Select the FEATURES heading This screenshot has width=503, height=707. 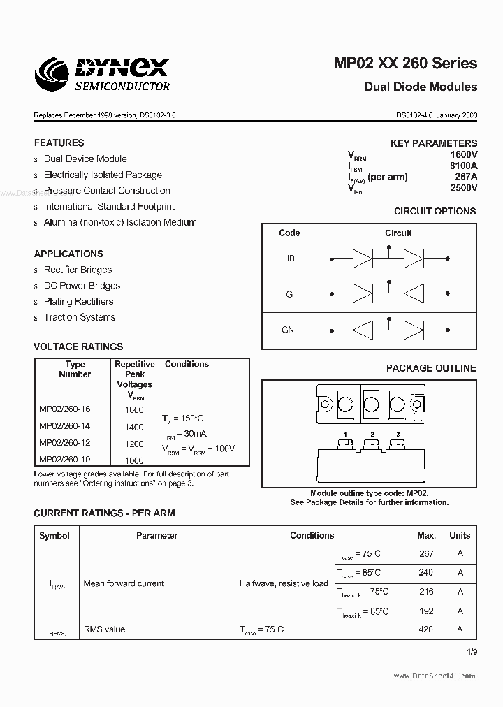pyautogui.click(x=59, y=143)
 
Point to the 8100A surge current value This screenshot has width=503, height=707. pyautogui.click(x=463, y=166)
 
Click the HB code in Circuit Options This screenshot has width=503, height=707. pyautogui.click(x=289, y=258)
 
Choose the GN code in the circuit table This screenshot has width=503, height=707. pyautogui.click(x=288, y=330)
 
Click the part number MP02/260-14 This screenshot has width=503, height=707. pyautogui.click(x=64, y=426)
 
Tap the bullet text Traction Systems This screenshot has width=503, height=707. pyautogui.click(x=79, y=317)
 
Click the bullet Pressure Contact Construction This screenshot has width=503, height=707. pyautogui.click(x=106, y=190)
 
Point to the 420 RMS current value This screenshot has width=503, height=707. pyautogui.click(x=425, y=629)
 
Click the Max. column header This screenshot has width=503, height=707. pyautogui.click(x=426, y=536)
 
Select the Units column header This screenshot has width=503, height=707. pyautogui.click(x=460, y=536)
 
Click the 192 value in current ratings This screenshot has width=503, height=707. pyautogui.click(x=425, y=611)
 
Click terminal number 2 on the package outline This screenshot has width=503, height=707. pyautogui.click(x=372, y=435)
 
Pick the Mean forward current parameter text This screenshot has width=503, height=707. pyautogui.click(x=124, y=583)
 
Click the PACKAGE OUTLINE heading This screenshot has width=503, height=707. pyautogui.click(x=431, y=368)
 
